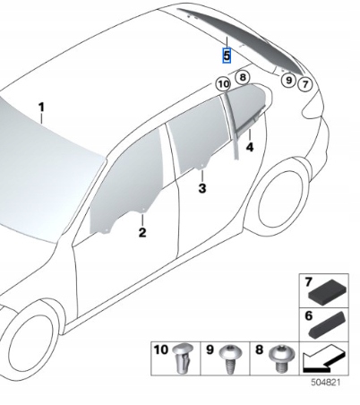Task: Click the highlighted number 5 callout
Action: click(227, 56)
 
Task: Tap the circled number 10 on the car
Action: click(223, 84)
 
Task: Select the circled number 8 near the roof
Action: click(243, 77)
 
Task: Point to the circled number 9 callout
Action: click(288, 80)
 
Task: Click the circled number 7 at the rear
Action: click(305, 84)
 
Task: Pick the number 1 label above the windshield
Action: click(42, 108)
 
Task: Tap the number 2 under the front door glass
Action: click(142, 232)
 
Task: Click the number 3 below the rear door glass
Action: click(202, 188)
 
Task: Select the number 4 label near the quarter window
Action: click(250, 147)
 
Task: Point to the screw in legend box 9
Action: click(229, 359)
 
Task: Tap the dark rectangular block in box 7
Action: click(327, 289)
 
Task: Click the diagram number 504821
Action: click(325, 383)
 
